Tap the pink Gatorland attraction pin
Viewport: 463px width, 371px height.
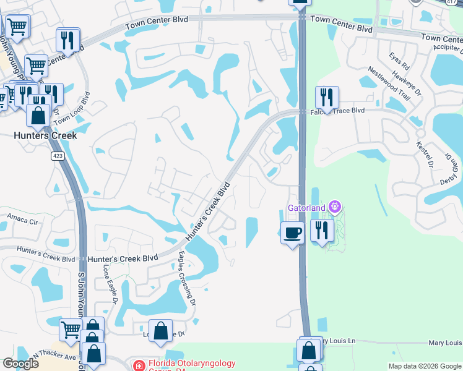click(335, 206)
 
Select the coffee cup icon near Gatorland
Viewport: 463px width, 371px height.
click(292, 232)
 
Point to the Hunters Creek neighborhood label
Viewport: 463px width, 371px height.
click(46, 135)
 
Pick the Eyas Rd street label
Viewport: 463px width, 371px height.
click(399, 61)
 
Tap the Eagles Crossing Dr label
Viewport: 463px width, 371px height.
click(187, 278)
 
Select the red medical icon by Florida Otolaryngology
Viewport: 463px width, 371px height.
click(139, 365)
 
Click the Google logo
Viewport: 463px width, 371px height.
click(21, 364)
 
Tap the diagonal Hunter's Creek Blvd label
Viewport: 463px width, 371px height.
click(208, 210)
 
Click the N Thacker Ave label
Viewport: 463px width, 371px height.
click(53, 357)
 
